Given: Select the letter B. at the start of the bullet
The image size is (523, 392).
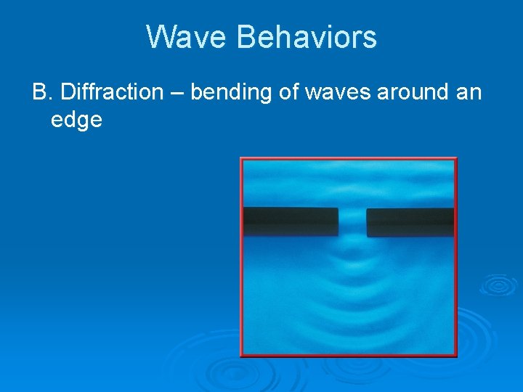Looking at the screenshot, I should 42,92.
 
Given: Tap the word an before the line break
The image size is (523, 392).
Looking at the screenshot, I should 468,93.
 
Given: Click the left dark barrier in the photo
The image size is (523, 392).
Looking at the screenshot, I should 291,221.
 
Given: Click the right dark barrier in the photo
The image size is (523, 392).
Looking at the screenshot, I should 410,222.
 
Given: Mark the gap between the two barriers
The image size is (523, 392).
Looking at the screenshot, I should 352,222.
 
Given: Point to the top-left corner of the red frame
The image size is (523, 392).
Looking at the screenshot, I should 241,159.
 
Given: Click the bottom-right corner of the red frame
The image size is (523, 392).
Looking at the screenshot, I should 456,356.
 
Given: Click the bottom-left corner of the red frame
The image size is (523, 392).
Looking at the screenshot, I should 242,356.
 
